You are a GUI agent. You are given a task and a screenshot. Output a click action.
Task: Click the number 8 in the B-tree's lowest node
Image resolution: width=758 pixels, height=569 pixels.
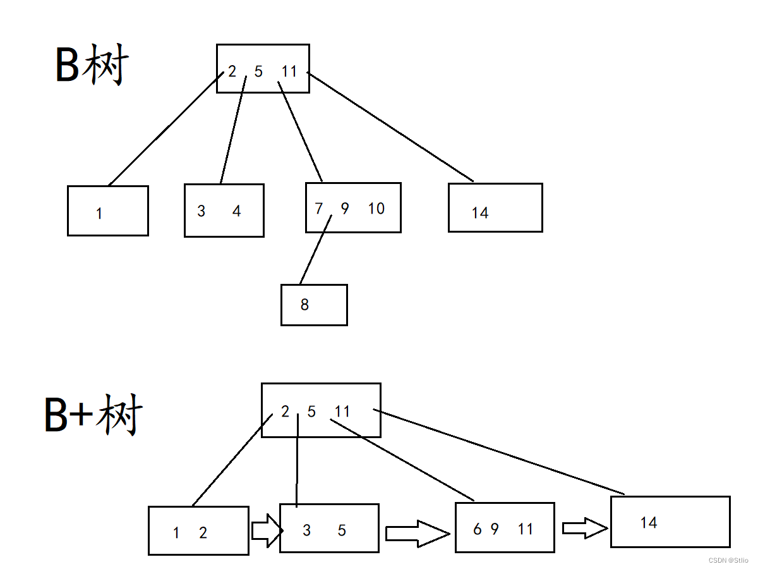304,305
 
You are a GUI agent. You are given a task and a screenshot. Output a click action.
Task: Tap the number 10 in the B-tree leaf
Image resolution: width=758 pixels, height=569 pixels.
376,209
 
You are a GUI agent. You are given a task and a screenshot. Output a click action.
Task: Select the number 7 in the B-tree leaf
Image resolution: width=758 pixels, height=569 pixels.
319,208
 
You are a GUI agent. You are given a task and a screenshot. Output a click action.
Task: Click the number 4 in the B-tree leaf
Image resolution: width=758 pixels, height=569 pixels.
236,211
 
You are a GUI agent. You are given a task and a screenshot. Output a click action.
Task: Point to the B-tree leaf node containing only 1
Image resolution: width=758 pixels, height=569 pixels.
108,211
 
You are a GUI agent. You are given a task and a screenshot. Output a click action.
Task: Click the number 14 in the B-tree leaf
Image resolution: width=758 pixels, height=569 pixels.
480,213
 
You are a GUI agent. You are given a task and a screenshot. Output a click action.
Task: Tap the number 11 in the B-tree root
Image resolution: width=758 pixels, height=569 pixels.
289,71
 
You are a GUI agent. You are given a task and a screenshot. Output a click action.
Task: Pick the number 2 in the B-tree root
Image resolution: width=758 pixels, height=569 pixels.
232,71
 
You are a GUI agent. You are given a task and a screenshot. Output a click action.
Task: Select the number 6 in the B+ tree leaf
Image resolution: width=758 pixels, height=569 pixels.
477,529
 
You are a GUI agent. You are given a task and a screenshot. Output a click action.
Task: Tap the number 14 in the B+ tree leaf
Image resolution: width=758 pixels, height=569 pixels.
649,523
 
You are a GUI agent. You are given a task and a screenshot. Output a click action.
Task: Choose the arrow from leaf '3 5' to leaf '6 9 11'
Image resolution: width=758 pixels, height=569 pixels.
417,534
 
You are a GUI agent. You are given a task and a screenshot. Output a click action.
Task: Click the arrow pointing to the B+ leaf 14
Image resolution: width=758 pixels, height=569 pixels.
584,528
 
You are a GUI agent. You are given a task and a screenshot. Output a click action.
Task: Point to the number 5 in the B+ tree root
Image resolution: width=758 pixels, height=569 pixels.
311,412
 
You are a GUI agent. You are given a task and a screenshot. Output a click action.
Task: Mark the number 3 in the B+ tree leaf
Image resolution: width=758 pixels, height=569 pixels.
306,530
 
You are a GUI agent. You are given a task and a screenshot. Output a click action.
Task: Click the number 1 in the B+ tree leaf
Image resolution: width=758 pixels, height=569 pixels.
176,533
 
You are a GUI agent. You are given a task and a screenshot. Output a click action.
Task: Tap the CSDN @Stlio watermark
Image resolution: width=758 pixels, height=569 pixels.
728,560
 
